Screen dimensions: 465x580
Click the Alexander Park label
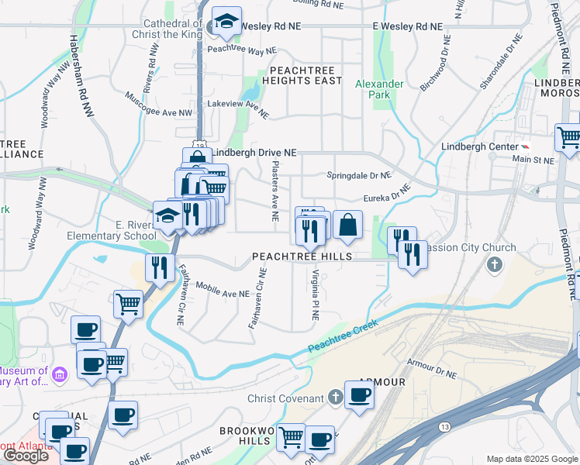(379, 89)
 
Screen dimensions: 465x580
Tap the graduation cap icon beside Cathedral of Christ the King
(226, 22)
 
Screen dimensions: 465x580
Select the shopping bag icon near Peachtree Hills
(348, 225)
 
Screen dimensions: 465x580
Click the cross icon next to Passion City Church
(494, 266)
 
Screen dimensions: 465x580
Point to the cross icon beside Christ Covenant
(335, 398)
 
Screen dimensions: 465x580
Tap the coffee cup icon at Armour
(359, 395)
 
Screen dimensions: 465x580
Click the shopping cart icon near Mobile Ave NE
(128, 304)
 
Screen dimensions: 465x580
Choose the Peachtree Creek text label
(344, 336)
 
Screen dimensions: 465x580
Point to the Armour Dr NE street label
(432, 367)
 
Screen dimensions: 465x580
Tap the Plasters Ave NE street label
(274, 191)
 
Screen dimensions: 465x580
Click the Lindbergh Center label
(478, 146)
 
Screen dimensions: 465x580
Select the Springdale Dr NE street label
(359, 175)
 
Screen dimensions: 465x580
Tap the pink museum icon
(62, 375)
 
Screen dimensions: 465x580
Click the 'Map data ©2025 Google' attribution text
(532, 459)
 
